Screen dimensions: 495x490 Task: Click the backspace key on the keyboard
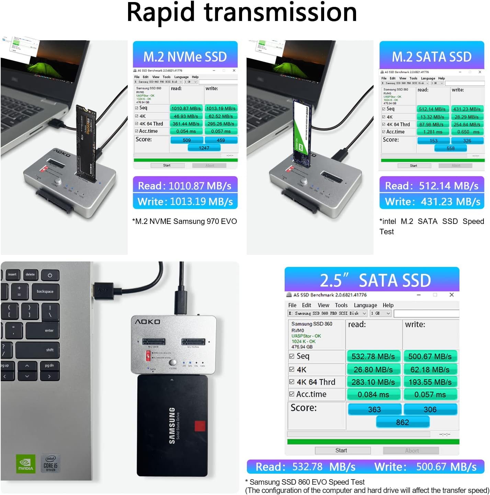45,291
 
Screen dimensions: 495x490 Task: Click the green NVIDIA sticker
26,464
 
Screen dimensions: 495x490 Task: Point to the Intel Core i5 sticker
50,463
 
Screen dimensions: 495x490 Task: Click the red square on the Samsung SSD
200,426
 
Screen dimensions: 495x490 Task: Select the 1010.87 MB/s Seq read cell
186,108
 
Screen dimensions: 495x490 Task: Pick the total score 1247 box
204,148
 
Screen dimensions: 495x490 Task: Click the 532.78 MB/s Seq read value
373,356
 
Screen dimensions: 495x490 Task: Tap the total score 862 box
402,422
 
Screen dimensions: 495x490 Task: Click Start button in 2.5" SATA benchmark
341,450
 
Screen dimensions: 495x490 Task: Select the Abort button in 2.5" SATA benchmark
411,451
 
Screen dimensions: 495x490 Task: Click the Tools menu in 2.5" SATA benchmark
341,305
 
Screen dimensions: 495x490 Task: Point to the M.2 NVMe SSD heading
185,57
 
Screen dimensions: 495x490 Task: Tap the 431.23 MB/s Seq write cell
467,109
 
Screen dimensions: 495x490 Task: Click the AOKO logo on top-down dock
147,322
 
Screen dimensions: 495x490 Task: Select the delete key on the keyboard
30,275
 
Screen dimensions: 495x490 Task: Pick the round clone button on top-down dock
173,362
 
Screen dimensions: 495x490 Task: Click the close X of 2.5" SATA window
452,295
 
